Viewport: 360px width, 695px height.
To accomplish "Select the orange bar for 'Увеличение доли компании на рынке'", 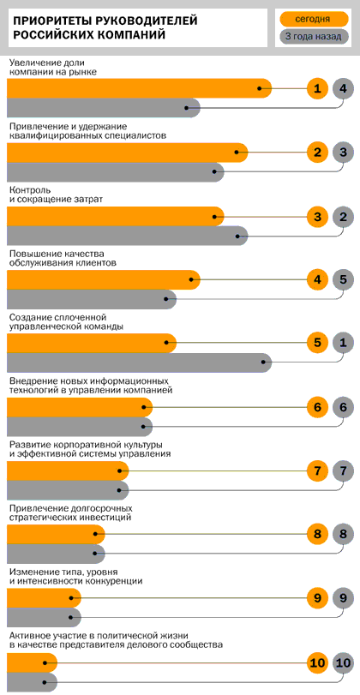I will tap(137, 87).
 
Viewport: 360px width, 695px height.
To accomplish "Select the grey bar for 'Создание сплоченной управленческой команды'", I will tap(137, 362).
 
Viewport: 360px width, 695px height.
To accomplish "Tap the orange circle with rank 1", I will tap(317, 88).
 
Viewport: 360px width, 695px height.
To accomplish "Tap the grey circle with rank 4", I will tap(343, 88).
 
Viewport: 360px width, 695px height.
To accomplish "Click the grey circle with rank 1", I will tap(343, 343).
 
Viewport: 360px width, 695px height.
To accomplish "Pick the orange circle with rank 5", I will tap(317, 343).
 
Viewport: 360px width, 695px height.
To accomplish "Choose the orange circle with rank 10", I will tap(317, 662).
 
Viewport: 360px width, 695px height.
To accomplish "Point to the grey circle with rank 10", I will tap(343, 662).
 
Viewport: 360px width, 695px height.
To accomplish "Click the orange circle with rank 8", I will tap(317, 535).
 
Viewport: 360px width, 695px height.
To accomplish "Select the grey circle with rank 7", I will tap(343, 470).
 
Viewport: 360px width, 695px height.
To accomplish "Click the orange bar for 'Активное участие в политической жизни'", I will tap(31, 662).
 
